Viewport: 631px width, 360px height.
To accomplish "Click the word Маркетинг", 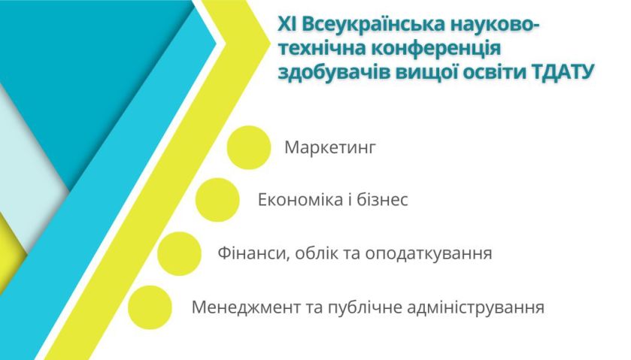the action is point(330,148).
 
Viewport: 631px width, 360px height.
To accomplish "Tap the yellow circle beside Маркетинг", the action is point(249,147).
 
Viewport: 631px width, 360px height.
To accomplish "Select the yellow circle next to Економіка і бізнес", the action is point(217,200).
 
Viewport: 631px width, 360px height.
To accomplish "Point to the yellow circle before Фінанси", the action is point(179,254).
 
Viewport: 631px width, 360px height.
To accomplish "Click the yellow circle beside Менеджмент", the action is point(150,307).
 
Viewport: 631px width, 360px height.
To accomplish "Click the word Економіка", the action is point(300,200).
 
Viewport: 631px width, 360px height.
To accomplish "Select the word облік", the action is point(317,253).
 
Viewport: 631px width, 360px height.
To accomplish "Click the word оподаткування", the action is point(429,254).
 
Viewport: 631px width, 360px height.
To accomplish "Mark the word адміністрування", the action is point(475,307).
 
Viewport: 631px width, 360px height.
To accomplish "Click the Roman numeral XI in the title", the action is point(287,25).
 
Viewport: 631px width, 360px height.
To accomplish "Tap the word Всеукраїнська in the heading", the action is point(374,25).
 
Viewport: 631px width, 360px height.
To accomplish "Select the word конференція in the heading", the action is point(435,49).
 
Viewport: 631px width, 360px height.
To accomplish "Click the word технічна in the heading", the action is point(322,49).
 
